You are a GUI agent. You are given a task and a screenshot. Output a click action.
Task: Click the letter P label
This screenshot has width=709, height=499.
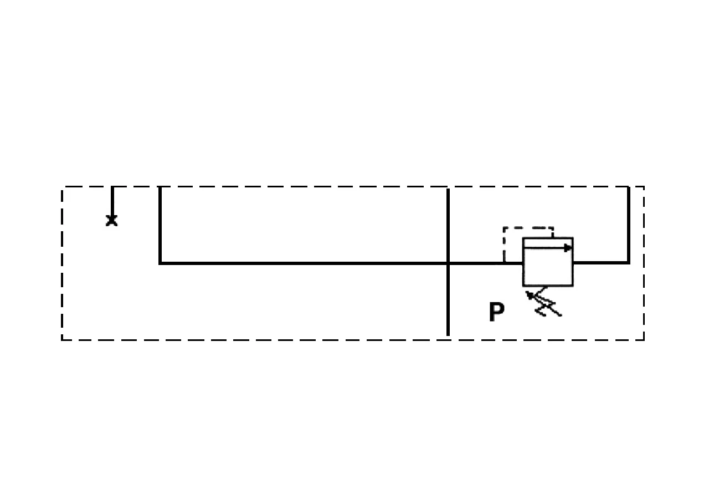click(x=496, y=312)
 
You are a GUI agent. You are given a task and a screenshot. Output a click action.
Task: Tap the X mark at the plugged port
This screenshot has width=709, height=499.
click(x=111, y=221)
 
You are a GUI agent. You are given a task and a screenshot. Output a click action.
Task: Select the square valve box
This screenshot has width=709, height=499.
click(x=548, y=262)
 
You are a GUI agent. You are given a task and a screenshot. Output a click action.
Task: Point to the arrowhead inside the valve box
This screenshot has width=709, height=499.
click(x=568, y=248)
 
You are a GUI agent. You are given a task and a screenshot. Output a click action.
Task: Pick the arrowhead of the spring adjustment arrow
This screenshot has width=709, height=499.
click(x=529, y=295)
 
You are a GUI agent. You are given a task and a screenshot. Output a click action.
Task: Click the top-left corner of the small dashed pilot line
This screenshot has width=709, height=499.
click(x=504, y=227)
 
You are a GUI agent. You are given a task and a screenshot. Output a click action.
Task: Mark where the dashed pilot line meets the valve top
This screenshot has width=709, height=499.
click(x=553, y=238)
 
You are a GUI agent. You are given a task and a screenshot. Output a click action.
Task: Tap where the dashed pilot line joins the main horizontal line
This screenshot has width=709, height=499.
click(x=504, y=263)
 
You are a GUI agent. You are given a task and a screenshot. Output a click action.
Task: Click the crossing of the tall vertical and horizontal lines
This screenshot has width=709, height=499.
click(x=448, y=263)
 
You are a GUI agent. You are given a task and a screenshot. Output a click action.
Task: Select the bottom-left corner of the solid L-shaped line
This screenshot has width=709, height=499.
click(x=160, y=263)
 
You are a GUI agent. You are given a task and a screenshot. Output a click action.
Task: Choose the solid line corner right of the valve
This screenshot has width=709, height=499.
click(x=629, y=262)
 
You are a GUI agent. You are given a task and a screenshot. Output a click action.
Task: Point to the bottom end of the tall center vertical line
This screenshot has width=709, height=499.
click(x=448, y=335)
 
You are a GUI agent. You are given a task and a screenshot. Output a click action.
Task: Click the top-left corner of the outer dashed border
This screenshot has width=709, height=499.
click(x=62, y=187)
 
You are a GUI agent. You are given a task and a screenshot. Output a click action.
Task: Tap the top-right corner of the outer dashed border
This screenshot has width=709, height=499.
click(x=644, y=187)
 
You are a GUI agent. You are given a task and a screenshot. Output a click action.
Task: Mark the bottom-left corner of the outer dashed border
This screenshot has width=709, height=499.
click(x=62, y=340)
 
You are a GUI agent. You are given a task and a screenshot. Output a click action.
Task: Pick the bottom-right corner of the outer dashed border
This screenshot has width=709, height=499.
click(x=644, y=340)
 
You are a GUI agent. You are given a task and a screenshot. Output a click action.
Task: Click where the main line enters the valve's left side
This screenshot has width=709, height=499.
click(x=523, y=263)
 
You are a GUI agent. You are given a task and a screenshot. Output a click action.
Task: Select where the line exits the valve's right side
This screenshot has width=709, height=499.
click(x=573, y=262)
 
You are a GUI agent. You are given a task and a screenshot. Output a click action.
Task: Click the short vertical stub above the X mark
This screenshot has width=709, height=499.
click(x=112, y=201)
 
